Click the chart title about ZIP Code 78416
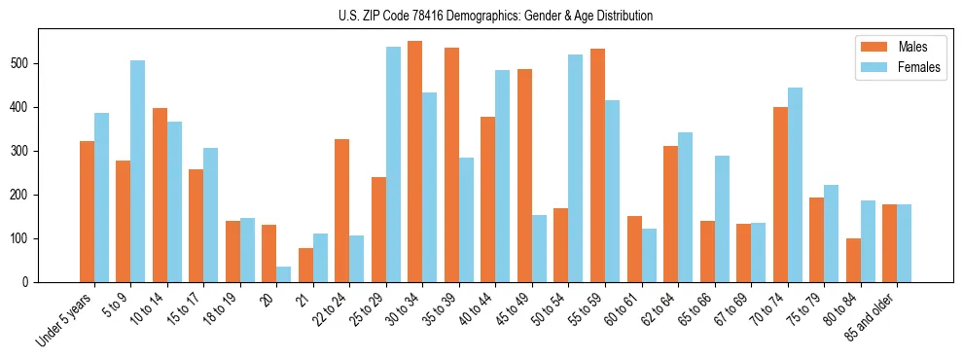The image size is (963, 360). [x=481, y=16]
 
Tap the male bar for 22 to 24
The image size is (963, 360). [x=342, y=210]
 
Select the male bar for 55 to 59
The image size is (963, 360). [x=597, y=165]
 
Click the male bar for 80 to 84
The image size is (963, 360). [x=853, y=260]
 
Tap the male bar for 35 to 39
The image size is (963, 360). [x=451, y=164]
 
